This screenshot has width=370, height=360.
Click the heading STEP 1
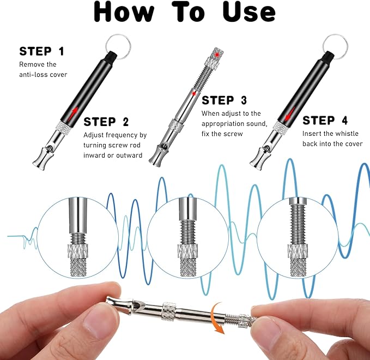(x=41, y=51)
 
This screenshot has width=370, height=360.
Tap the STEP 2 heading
(x=106, y=122)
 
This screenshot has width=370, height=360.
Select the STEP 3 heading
(x=224, y=100)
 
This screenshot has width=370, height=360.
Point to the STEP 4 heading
(x=325, y=120)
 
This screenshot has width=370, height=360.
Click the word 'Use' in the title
(x=249, y=12)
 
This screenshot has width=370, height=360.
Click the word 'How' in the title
(x=124, y=12)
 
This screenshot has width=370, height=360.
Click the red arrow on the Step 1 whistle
(x=74, y=115)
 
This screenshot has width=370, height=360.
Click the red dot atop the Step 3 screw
(x=217, y=55)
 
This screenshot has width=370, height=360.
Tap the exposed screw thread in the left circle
(x=78, y=238)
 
